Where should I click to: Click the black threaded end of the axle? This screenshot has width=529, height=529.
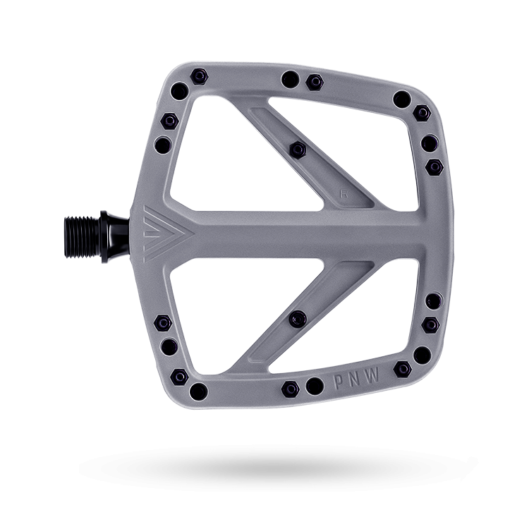pyautogui.click(x=83, y=237)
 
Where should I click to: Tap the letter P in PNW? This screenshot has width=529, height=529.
pyautogui.click(x=339, y=382)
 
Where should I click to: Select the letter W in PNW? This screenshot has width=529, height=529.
pyautogui.click(x=373, y=375)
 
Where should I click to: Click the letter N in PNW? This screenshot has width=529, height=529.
pyautogui.click(x=355, y=379)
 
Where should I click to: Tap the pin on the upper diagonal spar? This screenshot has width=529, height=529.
pyautogui.click(x=298, y=150)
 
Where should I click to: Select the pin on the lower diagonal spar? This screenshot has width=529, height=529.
pyautogui.click(x=298, y=319)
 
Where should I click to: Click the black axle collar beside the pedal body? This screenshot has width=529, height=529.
pyautogui.click(x=115, y=237)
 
